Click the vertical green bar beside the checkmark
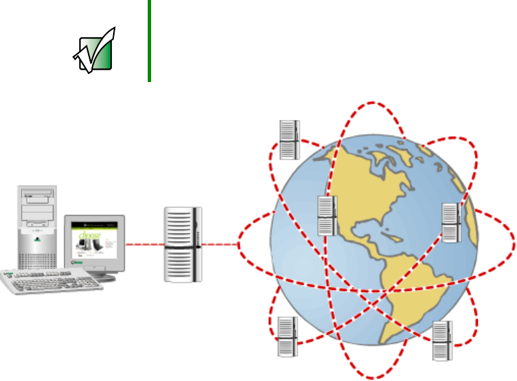pyautogui.click(x=148, y=41)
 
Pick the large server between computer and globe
pyautogui.click(x=182, y=244)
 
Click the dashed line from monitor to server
pyautogui.click(x=144, y=243)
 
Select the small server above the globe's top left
pyautogui.click(x=289, y=140)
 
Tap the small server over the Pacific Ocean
pyautogui.click(x=327, y=216)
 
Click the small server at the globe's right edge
pyautogui.click(x=451, y=222)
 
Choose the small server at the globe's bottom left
pyautogui.click(x=287, y=336)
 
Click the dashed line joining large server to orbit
pyautogui.click(x=221, y=244)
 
